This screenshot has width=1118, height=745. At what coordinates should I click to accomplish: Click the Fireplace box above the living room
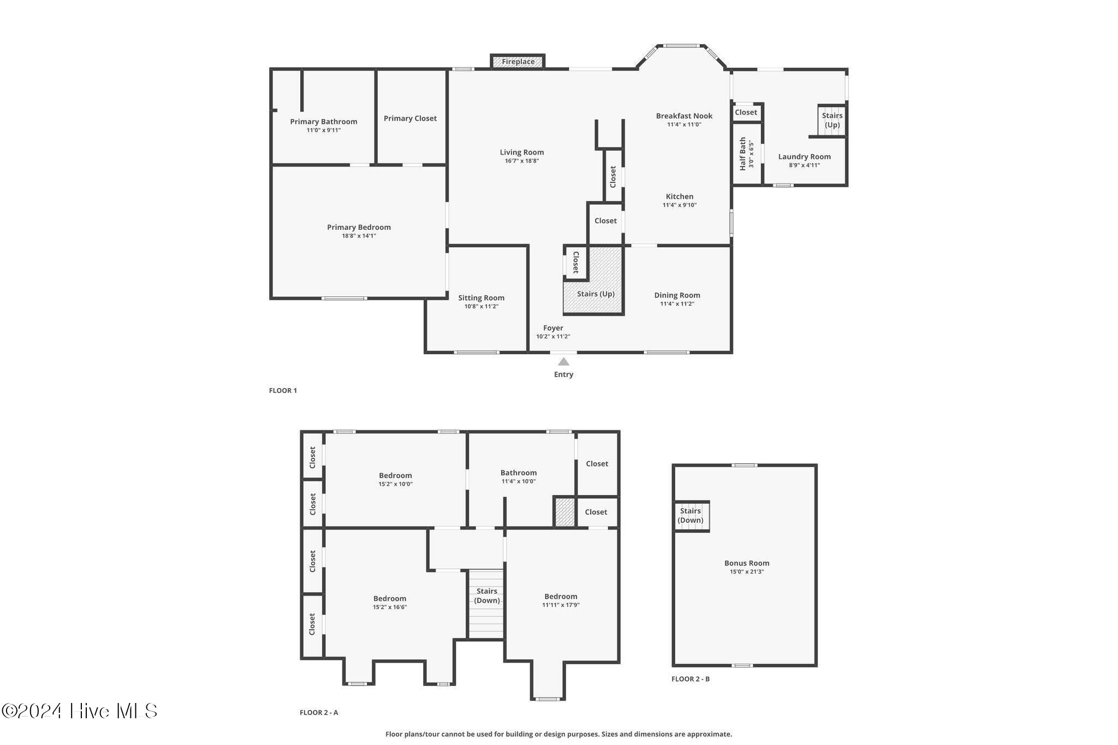[518, 62]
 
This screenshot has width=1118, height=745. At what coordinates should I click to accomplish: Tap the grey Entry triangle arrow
[563, 362]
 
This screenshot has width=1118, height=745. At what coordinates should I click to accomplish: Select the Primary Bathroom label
[323, 122]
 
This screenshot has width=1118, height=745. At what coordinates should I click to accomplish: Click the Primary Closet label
[410, 118]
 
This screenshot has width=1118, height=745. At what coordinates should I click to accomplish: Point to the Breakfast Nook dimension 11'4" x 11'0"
[684, 124]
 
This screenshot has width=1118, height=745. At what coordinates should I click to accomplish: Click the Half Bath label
[743, 154]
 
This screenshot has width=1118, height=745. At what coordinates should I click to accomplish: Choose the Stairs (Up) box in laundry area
[832, 120]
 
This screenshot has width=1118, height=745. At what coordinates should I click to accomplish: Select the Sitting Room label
[481, 298]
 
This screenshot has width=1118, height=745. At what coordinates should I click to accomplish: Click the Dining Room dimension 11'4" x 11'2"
[677, 304]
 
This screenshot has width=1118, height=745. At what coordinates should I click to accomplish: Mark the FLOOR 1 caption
[283, 391]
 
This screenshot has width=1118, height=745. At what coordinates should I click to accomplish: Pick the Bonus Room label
[746, 563]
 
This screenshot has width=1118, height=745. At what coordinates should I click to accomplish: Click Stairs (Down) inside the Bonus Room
[691, 516]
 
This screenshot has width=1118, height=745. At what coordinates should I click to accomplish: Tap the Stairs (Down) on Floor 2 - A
[486, 596]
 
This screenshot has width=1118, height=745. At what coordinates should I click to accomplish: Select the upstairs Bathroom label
[518, 473]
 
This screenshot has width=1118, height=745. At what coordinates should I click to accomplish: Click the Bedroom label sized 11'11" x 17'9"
[561, 597]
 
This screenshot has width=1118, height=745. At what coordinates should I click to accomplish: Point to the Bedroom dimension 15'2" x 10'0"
[395, 484]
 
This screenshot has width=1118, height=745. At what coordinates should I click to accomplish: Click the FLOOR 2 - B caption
[690, 679]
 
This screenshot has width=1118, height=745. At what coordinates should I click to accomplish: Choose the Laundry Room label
[804, 157]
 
